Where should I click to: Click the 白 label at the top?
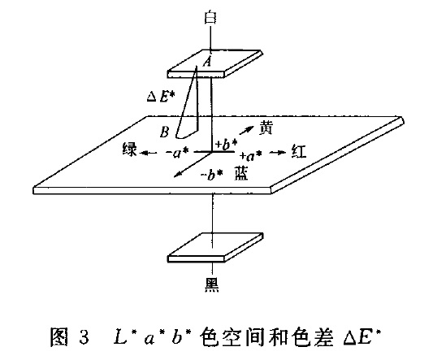click(x=210, y=17)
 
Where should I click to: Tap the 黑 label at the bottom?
click(x=212, y=284)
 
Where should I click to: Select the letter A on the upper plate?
click(x=207, y=61)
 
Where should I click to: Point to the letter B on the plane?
click(x=165, y=132)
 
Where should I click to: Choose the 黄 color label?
click(x=266, y=128)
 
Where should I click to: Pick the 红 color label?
click(x=299, y=152)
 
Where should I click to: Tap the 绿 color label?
click(x=129, y=150)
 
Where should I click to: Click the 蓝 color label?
click(x=241, y=173)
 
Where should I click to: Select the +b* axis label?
click(x=227, y=144)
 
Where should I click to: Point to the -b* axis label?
click(x=211, y=175)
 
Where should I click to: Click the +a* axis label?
click(x=250, y=156)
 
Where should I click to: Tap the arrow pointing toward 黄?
click(x=246, y=130)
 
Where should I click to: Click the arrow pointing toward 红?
click(x=278, y=152)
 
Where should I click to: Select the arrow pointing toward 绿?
click(x=149, y=153)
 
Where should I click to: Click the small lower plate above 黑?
click(x=215, y=247)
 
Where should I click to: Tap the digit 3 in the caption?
click(x=84, y=337)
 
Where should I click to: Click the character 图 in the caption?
click(x=58, y=337)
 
